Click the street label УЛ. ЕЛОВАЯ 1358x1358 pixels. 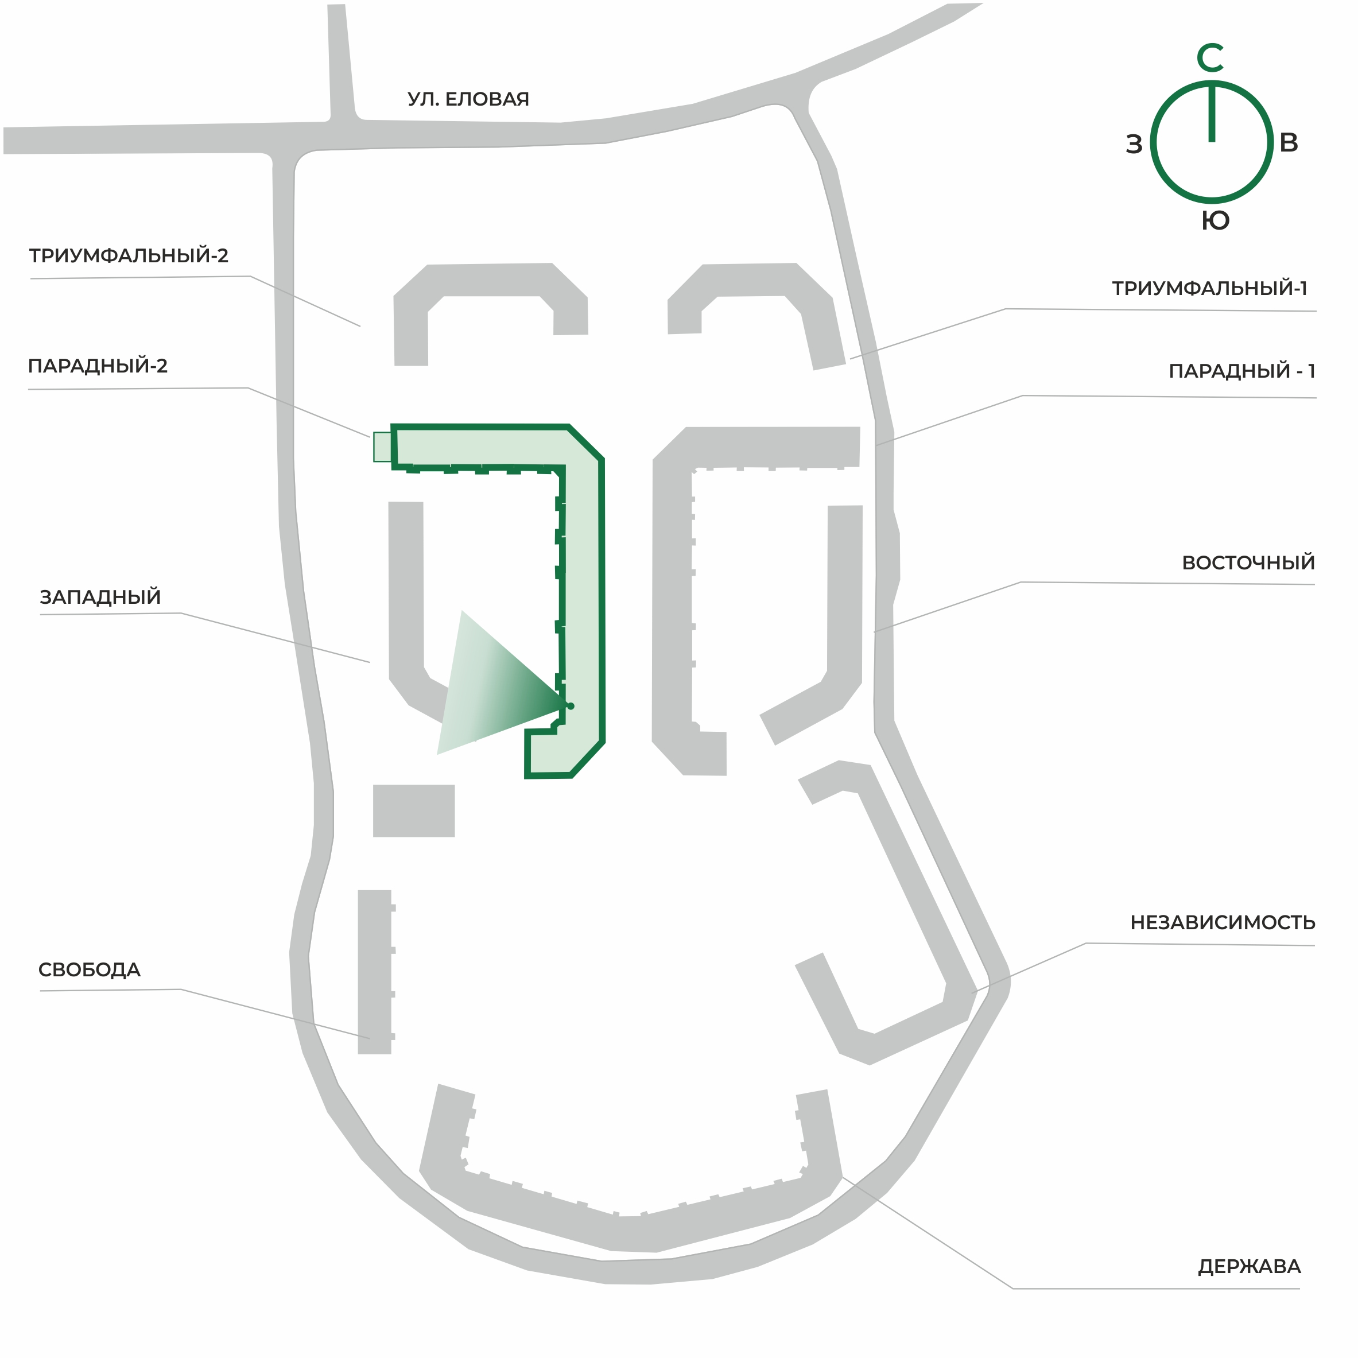pyautogui.click(x=468, y=99)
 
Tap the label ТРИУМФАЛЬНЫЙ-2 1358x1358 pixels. pyautogui.click(x=129, y=255)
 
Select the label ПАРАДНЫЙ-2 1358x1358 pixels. pyautogui.click(x=98, y=366)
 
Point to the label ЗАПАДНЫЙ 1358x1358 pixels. pyautogui.click(x=100, y=597)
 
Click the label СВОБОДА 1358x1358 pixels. pyautogui.click(x=90, y=969)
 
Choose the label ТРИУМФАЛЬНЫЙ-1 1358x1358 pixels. pyautogui.click(x=1209, y=288)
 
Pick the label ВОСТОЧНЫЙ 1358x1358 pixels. pyautogui.click(x=1248, y=562)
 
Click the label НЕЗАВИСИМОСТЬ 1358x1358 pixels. pyautogui.click(x=1223, y=922)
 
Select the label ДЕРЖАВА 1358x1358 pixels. pyautogui.click(x=1249, y=1267)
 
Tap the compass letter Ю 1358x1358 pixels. pyautogui.click(x=1215, y=221)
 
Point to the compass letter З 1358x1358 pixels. pyautogui.click(x=1134, y=144)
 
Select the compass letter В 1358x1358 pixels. pyautogui.click(x=1289, y=143)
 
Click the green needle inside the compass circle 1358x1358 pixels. pyautogui.click(x=1212, y=112)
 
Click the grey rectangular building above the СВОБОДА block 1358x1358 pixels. pyautogui.click(x=414, y=810)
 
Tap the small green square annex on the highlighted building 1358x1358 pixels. pyautogui.click(x=382, y=447)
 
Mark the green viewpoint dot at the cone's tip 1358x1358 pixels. pyautogui.click(x=571, y=706)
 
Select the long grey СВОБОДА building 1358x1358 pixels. pyautogui.click(x=375, y=972)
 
